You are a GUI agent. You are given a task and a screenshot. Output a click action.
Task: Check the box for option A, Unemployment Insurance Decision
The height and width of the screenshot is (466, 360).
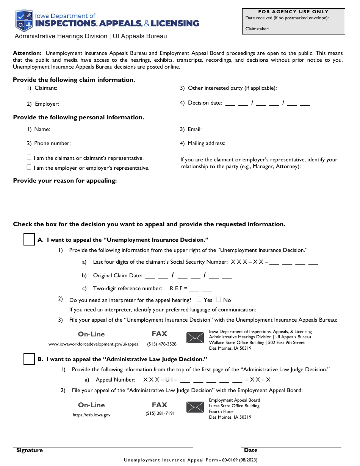pyautogui.click(x=29, y=239)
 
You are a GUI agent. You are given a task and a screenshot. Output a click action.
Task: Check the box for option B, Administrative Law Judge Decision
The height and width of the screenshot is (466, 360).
pyautogui.click(x=29, y=359)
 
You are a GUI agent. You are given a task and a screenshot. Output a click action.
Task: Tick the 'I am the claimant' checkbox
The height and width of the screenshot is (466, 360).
pyautogui.click(x=29, y=158)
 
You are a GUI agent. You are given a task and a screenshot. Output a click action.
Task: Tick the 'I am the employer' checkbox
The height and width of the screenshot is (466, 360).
pyautogui.click(x=29, y=167)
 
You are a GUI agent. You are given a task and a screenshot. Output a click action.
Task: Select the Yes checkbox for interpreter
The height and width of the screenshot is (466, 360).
pyautogui.click(x=199, y=300)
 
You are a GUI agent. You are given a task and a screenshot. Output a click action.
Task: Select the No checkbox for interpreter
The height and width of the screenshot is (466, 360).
pyautogui.click(x=219, y=300)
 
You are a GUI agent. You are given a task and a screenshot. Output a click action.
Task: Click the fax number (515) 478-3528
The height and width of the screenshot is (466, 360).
pyautogui.click(x=162, y=344)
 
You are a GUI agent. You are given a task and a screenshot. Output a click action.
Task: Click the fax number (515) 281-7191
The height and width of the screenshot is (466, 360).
pyautogui.click(x=160, y=413)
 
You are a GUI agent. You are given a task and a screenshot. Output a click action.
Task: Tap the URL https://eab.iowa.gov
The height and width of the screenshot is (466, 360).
pyautogui.click(x=92, y=415)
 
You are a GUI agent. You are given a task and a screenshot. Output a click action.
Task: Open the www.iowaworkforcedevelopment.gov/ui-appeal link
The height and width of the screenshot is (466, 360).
pyautogui.click(x=94, y=344)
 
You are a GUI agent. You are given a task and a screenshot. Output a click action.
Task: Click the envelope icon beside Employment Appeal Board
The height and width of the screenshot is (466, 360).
pyautogui.click(x=195, y=407)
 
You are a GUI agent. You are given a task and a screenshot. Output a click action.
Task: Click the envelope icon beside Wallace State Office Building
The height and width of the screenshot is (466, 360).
pyautogui.click(x=195, y=338)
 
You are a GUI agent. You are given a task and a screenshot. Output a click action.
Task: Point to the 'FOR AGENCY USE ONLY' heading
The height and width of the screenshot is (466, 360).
pyautogui.click(x=293, y=12)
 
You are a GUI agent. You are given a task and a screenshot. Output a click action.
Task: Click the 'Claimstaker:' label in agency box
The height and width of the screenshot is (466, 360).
pyautogui.click(x=257, y=28)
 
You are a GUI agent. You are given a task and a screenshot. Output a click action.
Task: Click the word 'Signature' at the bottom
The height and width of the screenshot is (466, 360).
pyautogui.click(x=30, y=450)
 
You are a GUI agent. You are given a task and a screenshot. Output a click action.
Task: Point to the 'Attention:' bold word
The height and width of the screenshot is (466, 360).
pyautogui.click(x=27, y=53)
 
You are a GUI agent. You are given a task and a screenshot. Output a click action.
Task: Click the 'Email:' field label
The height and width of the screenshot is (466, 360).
pyautogui.click(x=195, y=129)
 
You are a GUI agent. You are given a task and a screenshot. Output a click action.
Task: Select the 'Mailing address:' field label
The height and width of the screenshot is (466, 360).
pyautogui.click(x=207, y=143)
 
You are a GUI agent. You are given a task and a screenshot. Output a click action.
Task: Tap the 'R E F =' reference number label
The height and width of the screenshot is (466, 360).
pyautogui.click(x=178, y=288)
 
